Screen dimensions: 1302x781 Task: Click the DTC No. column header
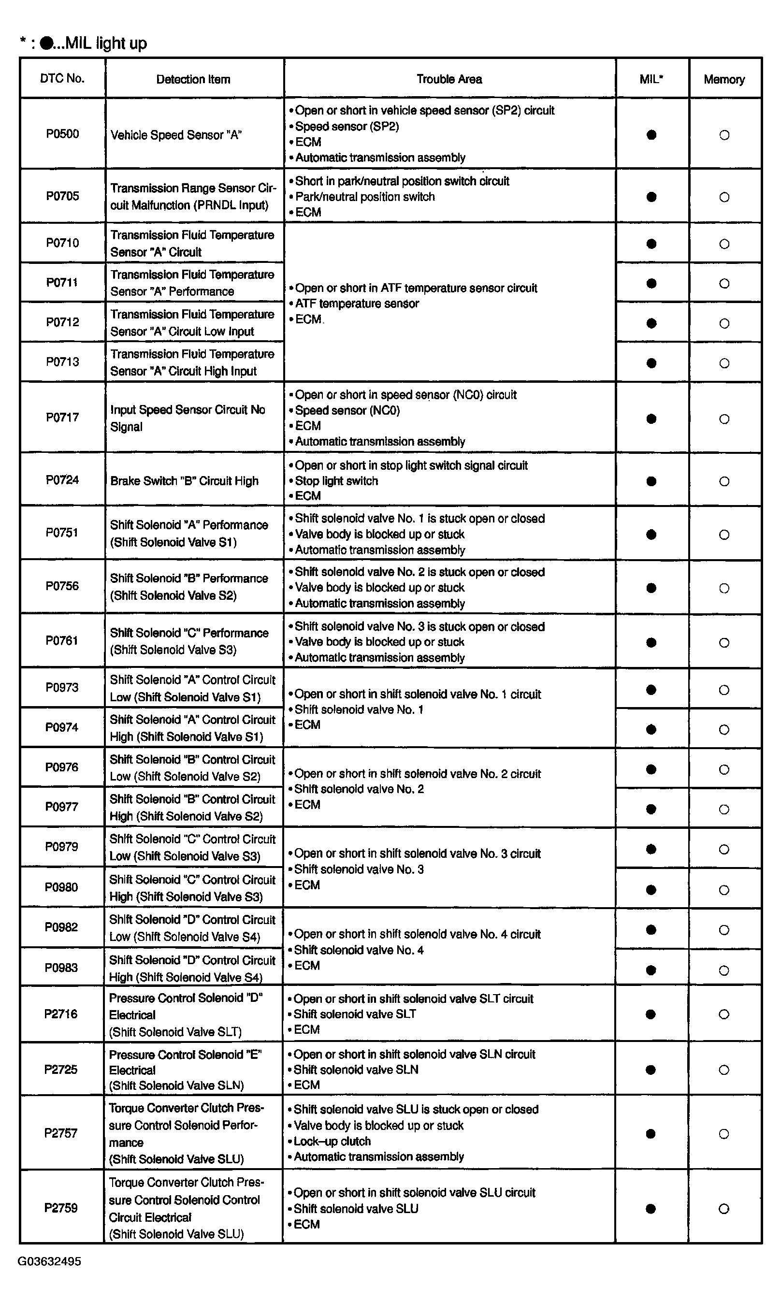point(62,78)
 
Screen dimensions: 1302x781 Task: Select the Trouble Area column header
point(449,79)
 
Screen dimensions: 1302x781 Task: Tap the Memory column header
point(724,79)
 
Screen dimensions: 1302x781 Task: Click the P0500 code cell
point(62,134)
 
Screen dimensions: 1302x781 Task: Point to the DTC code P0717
point(62,418)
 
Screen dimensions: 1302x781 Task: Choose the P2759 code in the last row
point(61,1208)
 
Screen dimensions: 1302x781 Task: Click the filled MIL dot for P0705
point(651,197)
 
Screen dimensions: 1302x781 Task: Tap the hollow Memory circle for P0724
point(724,481)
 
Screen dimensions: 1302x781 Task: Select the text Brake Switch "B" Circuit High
point(184,481)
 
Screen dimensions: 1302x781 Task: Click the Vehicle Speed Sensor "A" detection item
point(176,135)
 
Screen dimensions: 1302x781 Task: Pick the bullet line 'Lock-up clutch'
point(332,1141)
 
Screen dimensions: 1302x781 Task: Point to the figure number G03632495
point(49,1261)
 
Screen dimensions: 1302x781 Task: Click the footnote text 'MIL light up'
point(105,43)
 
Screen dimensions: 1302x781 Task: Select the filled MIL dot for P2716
point(651,1014)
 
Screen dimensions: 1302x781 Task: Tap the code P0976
point(61,767)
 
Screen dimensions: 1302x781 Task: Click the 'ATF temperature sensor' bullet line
point(357,304)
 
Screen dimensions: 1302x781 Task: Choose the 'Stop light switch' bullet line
point(336,481)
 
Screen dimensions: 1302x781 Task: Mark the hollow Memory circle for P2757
point(724,1134)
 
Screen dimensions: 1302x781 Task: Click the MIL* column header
point(651,79)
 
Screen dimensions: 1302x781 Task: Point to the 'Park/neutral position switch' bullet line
point(365,197)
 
